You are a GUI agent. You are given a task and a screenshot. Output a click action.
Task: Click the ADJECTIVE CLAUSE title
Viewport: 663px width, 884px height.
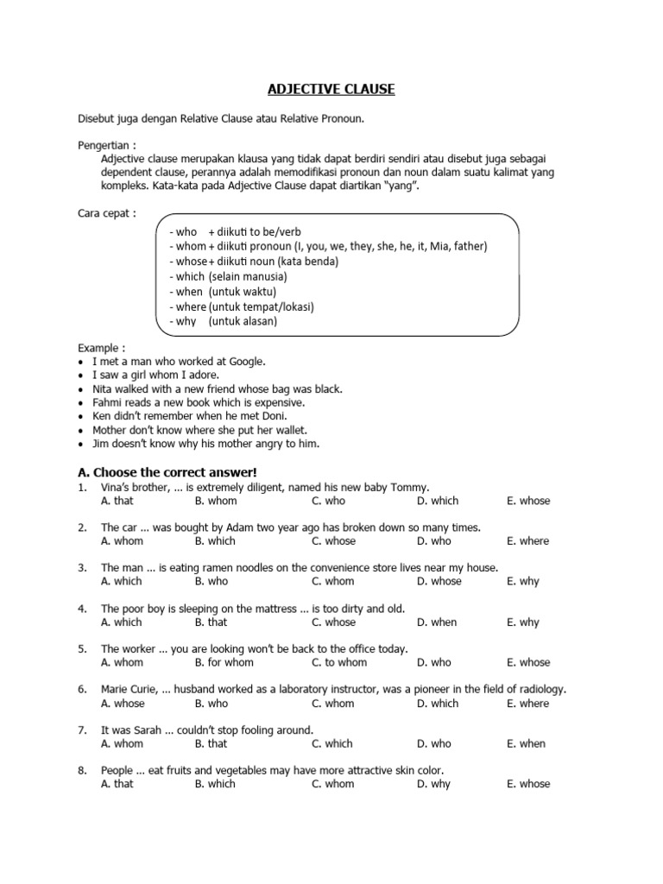point(331,89)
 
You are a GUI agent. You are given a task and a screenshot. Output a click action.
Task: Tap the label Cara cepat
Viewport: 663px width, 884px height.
point(106,213)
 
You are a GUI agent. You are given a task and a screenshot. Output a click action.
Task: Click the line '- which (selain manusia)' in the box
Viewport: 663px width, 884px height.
point(228,276)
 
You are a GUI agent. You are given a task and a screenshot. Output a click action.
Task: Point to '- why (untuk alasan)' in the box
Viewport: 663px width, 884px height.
point(223,321)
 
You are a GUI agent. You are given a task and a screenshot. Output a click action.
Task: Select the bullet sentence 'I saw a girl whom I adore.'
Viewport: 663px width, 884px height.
point(155,376)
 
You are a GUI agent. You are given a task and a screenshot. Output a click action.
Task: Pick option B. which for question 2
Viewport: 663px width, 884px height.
point(215,541)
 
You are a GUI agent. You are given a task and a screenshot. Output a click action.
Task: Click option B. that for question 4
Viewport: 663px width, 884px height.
point(211,622)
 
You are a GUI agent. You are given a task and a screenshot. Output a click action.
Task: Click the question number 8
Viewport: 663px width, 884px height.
point(81,770)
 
